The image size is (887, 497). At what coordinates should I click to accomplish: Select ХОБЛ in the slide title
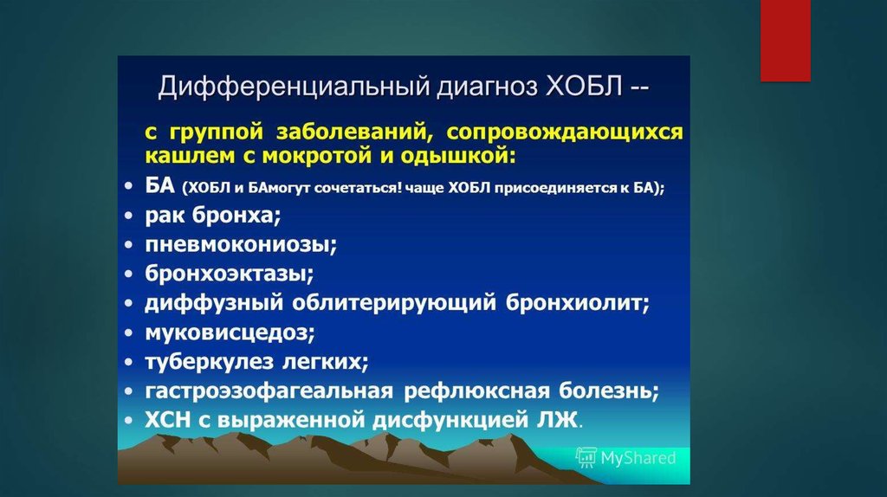coord(585,87)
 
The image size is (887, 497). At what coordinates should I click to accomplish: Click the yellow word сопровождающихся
coord(565,132)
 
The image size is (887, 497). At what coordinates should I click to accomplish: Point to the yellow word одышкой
coord(458,156)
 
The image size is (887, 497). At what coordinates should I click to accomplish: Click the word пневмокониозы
coord(241,245)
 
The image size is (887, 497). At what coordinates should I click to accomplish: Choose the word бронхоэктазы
coord(229,274)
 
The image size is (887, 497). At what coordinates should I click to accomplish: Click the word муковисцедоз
coord(230,332)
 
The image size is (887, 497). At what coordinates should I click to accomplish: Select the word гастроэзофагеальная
coord(269,390)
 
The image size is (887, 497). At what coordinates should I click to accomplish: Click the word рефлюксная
coord(477,390)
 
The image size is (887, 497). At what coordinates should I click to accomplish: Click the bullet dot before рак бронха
coord(129,216)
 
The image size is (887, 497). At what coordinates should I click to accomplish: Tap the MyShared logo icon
coord(586,457)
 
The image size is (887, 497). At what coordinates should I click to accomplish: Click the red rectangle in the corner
coord(785,40)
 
